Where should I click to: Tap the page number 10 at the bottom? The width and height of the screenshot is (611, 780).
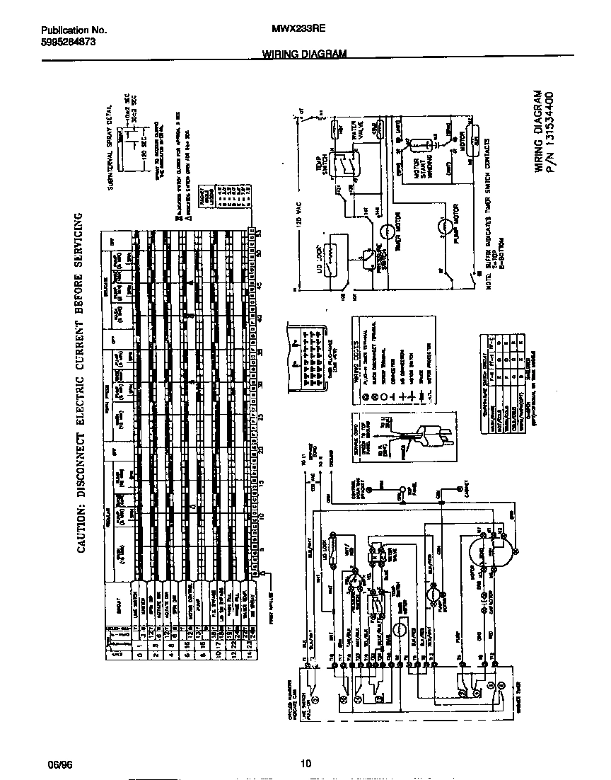coord(305,763)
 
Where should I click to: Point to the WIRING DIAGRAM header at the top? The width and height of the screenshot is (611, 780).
coord(305,54)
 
